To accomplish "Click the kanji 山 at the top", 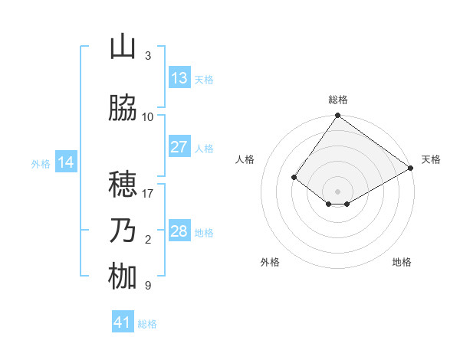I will tap(123, 47).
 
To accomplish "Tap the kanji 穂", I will tap(123, 185).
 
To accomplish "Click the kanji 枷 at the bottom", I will tap(123, 277).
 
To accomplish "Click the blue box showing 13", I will tap(179, 78).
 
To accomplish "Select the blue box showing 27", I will tap(179, 147).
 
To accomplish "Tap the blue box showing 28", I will tap(179, 231).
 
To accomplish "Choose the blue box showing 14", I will tap(66, 162).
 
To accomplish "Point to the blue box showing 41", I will tap(123, 322).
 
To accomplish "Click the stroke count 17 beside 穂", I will tap(148, 194).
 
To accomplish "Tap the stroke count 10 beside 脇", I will tap(148, 117).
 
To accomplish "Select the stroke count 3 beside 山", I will tap(148, 56).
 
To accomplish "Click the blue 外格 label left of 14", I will tap(41, 163).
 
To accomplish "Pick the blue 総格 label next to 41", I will tap(147, 324).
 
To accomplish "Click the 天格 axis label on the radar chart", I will tap(431, 159).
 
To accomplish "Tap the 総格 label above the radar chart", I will tap(337, 100).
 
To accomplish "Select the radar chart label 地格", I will tap(402, 262).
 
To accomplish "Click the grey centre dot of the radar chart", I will tap(337, 191).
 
